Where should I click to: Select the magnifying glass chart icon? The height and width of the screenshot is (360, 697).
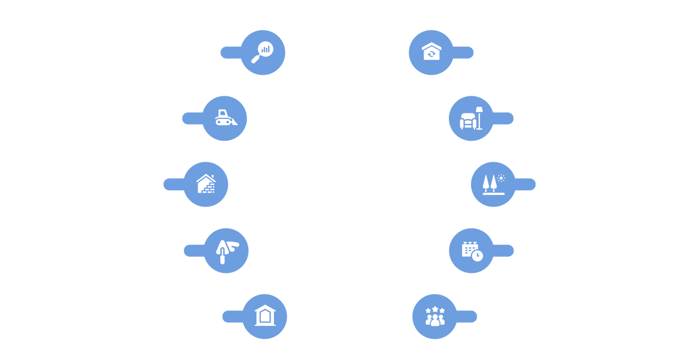[263, 52]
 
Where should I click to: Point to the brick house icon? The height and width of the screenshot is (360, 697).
[206, 184]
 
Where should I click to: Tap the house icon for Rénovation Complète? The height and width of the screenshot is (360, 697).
[431, 52]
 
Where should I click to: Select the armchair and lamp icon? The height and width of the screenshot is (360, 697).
[471, 118]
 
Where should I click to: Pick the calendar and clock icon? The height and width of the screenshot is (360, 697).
[471, 249]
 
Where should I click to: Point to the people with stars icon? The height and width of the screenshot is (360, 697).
[435, 315]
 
